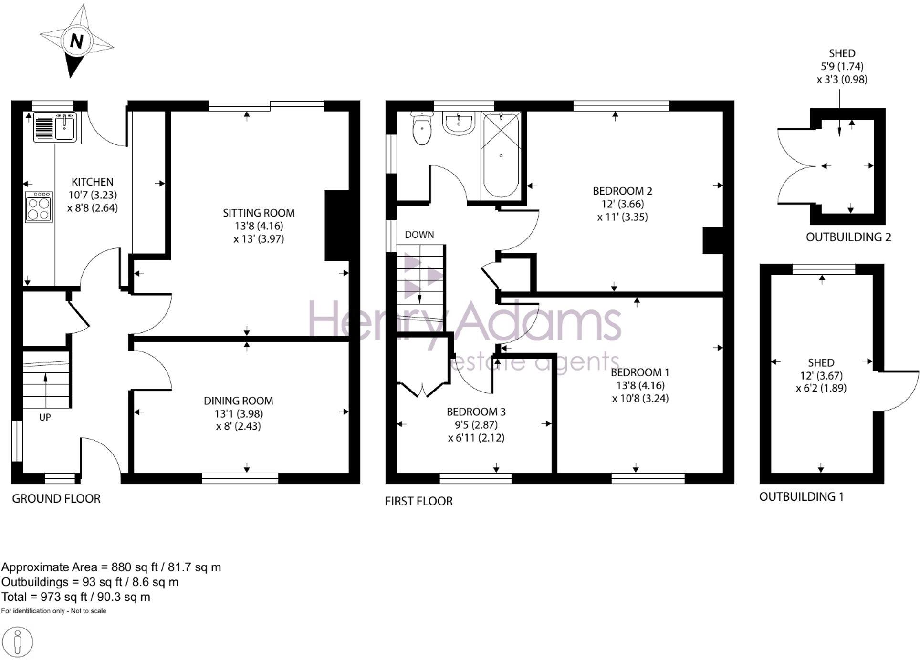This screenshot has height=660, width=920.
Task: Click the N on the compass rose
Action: pos(76,41)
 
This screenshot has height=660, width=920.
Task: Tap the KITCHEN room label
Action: pos(93,182)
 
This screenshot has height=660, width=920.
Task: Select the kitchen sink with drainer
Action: pos(55,127)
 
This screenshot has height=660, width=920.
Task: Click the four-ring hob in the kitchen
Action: pos(39,207)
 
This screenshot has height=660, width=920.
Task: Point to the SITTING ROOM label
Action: pos(259,213)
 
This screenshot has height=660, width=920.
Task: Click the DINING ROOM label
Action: pos(238,401)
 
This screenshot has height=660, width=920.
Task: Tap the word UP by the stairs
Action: pos(45,417)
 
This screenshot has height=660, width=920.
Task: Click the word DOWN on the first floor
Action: pos(419,235)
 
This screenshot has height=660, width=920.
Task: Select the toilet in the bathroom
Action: pos(422,128)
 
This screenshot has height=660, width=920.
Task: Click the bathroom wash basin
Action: pos(459,123)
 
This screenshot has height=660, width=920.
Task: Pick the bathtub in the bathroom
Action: pos(501,155)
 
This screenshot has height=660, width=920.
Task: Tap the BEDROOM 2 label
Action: pos(622,191)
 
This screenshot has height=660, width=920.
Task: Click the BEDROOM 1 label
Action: pos(640,372)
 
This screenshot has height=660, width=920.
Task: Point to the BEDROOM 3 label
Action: pos(476,412)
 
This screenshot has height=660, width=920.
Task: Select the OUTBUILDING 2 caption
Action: pos(848,237)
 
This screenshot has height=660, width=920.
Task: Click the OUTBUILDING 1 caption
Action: pos(801,496)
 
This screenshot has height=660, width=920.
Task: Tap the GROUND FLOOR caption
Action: pos(56,498)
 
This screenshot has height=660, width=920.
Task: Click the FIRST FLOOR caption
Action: pos(418,501)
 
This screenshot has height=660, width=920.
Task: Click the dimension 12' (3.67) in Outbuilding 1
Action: pos(821,375)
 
